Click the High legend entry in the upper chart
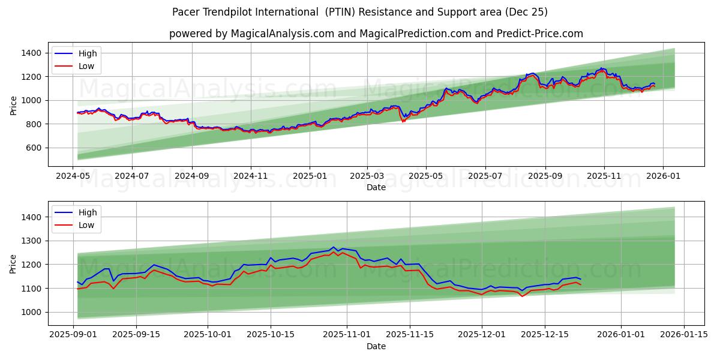click(88, 54)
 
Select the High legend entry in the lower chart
click(88, 212)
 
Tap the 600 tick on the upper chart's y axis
click(34, 148)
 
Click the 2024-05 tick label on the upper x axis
click(73, 177)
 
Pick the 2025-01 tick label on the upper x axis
click(310, 177)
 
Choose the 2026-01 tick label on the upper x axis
click(663, 177)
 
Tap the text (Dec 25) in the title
click(527, 12)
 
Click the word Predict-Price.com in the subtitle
click(538, 34)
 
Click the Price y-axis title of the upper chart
click(14, 106)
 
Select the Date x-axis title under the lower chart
click(376, 346)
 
